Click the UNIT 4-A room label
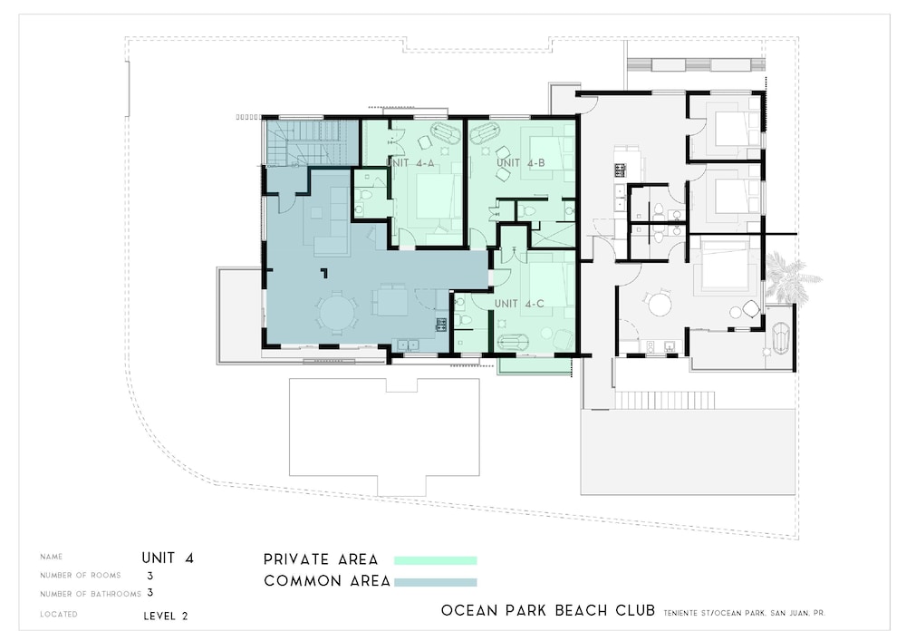pos(410,163)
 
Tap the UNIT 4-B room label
pos(521,163)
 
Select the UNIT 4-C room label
pos(519,304)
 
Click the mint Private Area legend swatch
pos(436,560)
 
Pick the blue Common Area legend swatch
pos(436,582)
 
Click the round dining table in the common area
pos(337,314)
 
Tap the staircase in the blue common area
pos(309,142)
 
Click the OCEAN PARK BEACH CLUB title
pos(548,610)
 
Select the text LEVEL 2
pos(166,617)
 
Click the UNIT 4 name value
pos(168,558)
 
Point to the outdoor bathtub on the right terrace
pos(781,337)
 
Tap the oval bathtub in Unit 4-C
pos(513,343)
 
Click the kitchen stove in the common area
pos(441,325)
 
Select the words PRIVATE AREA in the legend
pos(321,559)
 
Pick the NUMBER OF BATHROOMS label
pos(91,594)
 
